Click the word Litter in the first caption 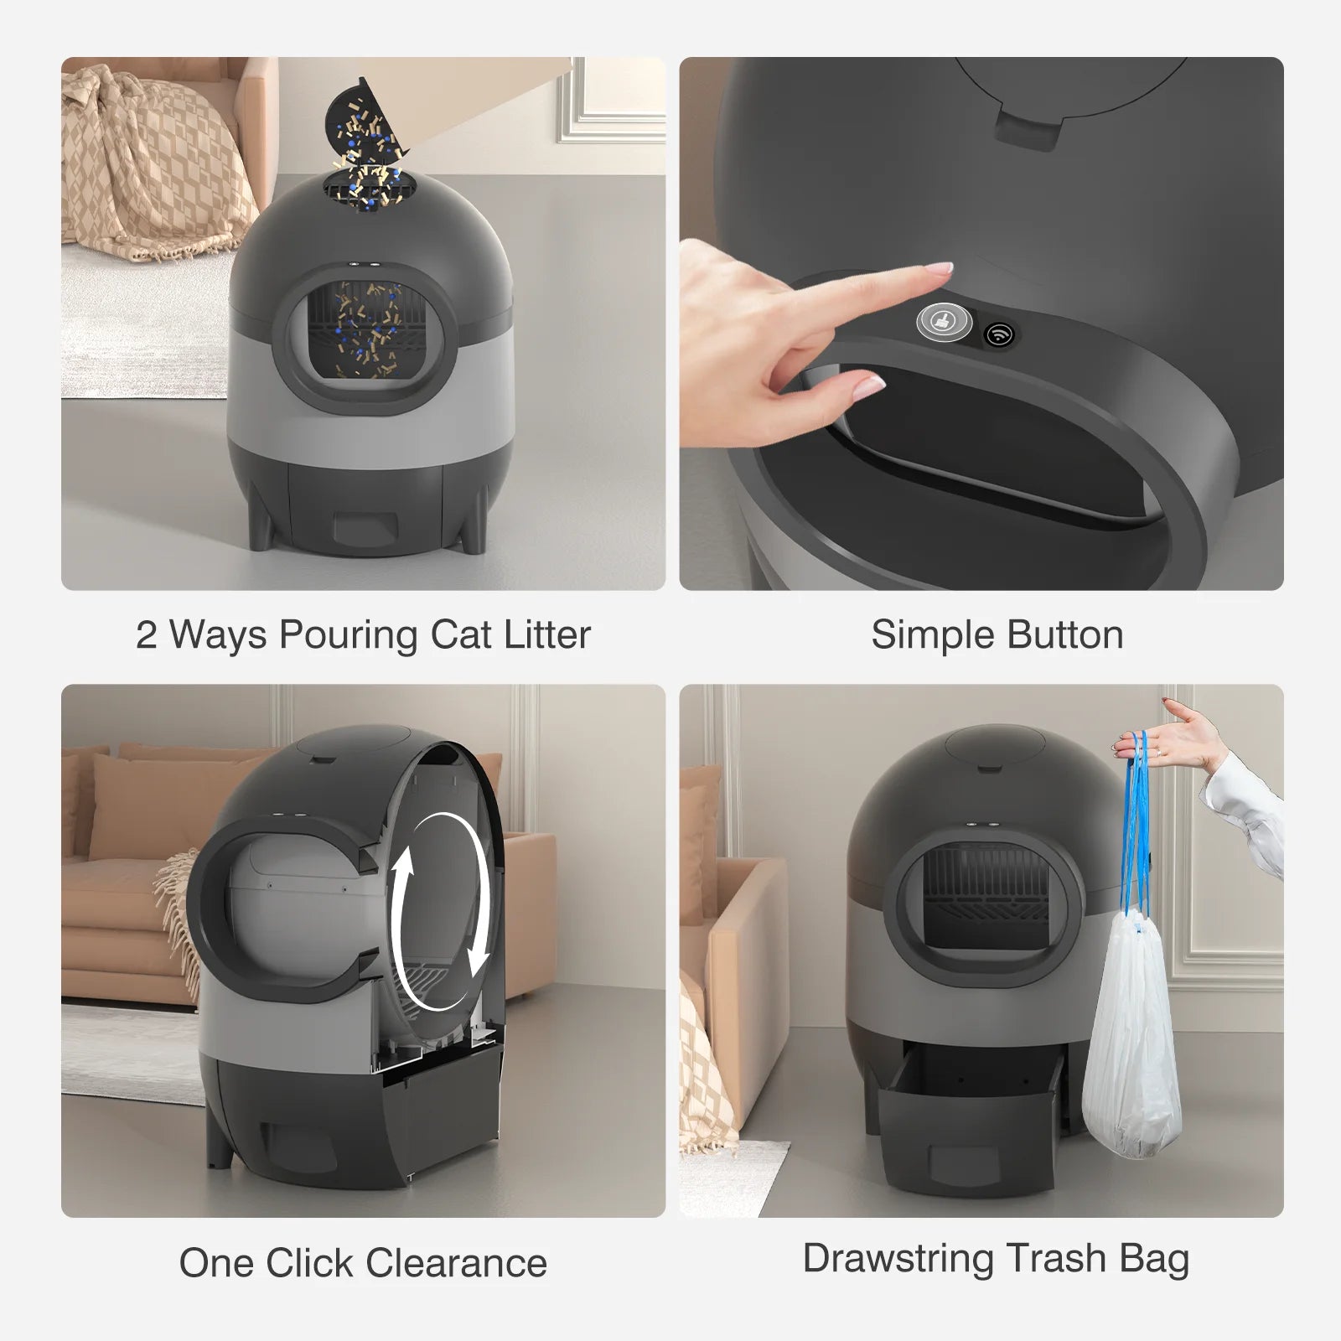[546, 634]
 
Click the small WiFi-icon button [998, 335]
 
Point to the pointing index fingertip [942, 272]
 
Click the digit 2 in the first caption [147, 634]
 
